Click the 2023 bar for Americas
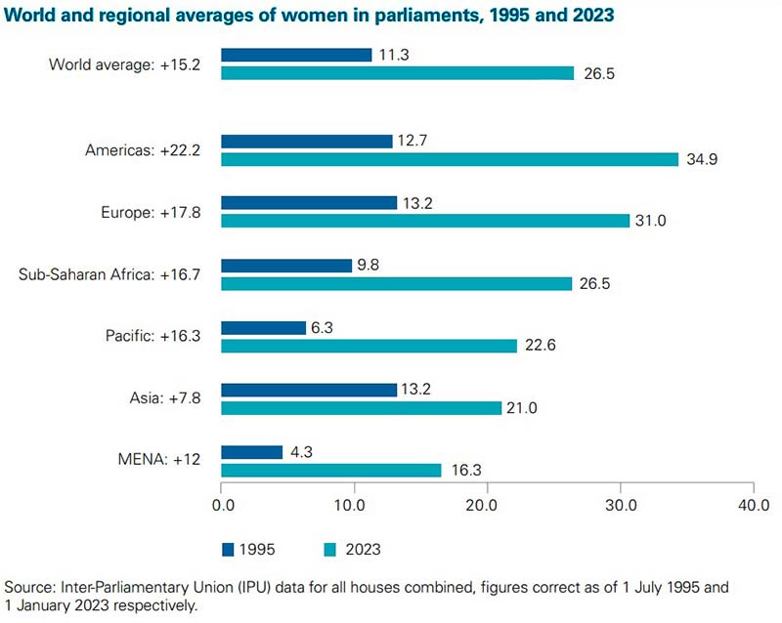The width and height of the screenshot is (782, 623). pos(450,159)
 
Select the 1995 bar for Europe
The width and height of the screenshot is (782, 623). pos(309,203)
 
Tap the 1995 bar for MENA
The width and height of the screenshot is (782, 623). pos(251,452)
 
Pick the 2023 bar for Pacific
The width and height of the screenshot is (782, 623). pos(369,346)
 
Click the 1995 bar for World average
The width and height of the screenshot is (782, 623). pos(296,55)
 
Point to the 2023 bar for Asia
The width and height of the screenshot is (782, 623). pos(361,408)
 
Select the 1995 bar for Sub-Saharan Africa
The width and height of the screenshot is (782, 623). pos(286,266)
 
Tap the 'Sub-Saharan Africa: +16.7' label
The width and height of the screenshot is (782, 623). pos(109,274)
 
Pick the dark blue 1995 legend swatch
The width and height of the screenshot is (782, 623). pos(229,549)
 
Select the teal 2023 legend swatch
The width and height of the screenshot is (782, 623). pos(325,549)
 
